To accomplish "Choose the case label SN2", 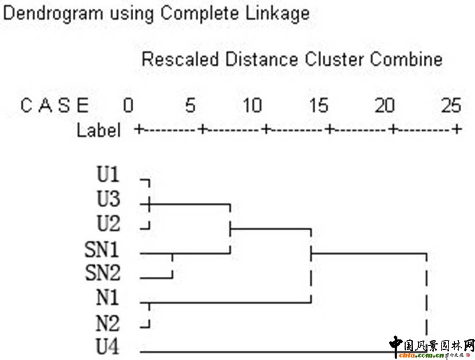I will [103, 274].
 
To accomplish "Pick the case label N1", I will [107, 299].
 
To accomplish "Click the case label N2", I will [107, 323].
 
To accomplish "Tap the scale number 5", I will [190, 105].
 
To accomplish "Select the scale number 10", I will [253, 105].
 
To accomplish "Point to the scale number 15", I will [317, 105].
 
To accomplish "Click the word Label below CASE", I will [99, 130].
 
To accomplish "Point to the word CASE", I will [55, 106].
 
